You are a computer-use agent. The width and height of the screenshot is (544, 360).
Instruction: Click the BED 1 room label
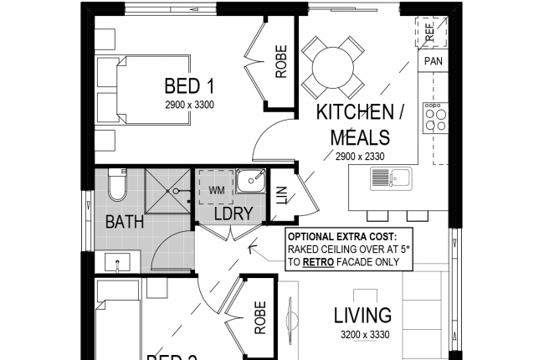tap(190, 85)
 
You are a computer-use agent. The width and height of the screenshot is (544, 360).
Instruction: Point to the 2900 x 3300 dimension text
tap(190, 105)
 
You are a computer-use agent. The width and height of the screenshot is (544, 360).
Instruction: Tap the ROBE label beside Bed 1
tap(281, 62)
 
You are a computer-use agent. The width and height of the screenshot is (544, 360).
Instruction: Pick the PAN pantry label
tap(433, 61)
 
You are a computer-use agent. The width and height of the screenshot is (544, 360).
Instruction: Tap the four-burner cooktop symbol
tap(434, 118)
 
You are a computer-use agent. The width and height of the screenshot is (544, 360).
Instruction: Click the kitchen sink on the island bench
tap(391, 177)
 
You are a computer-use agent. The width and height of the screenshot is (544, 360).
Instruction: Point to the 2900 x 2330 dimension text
tap(361, 157)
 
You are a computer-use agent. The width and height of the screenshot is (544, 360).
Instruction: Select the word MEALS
tap(361, 137)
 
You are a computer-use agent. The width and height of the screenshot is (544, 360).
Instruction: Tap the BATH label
tap(125, 223)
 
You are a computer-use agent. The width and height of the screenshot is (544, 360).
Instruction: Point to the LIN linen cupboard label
tap(282, 194)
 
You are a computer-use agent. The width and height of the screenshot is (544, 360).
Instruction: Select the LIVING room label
tap(362, 316)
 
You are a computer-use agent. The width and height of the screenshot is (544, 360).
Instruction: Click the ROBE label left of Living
tap(260, 318)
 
